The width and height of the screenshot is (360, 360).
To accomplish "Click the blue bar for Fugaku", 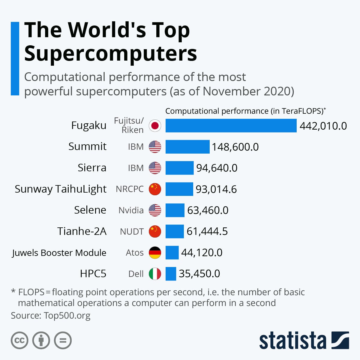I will [231, 125].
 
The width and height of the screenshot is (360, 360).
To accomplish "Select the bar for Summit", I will [187, 147].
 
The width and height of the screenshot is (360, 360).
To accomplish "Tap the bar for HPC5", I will [171, 274].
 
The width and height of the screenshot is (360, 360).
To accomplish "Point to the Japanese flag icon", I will [155, 126].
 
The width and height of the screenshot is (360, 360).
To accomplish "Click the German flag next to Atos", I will [155, 253].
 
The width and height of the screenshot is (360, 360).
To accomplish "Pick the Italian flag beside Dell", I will [155, 274].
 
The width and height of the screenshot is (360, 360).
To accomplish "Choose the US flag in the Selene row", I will [155, 210].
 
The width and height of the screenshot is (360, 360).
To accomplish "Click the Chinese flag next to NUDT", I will [155, 231].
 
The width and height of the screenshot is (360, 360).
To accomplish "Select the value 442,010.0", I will [323, 126].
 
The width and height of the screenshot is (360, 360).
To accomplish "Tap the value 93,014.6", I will [216, 189].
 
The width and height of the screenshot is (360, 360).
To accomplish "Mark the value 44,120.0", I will [202, 253].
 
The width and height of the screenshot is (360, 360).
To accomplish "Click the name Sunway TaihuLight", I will [61, 189].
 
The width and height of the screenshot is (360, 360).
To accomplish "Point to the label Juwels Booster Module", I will [59, 253].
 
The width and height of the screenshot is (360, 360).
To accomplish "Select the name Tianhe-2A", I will [82, 231].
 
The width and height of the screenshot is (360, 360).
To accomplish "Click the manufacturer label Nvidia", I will [131, 210].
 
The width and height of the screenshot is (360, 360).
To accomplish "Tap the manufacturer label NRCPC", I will [130, 189].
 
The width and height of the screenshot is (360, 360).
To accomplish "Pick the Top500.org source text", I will [67, 315].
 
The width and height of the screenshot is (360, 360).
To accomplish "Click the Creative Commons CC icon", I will [19, 340].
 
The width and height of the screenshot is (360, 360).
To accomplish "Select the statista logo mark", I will [340, 340].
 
